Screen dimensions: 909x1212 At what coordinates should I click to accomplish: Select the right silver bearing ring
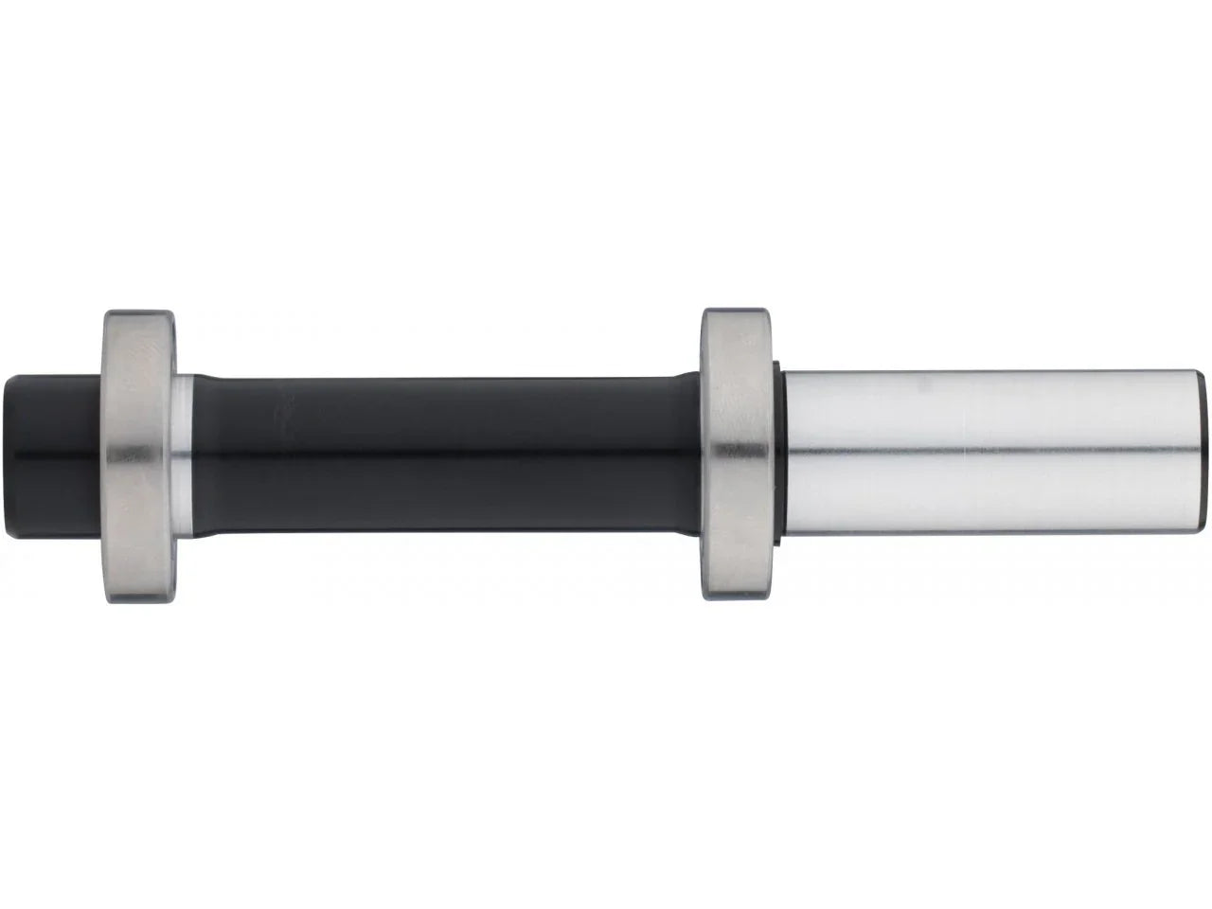pyautogui.click(x=738, y=454)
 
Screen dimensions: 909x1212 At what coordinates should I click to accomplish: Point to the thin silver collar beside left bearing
pyautogui.click(x=185, y=454)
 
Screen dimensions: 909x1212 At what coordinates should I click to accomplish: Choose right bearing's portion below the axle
pyautogui.click(x=738, y=568)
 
